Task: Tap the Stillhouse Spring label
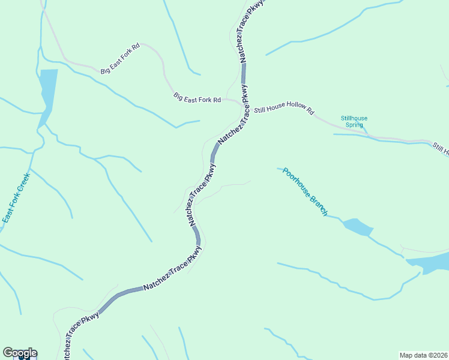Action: [x=354, y=122]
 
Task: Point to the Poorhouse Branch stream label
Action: [x=306, y=191]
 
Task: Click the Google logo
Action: [x=20, y=353]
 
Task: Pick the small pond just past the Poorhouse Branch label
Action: [x=358, y=227]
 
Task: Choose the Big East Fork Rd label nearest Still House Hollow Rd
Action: [x=197, y=97]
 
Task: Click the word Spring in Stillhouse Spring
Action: [x=355, y=125]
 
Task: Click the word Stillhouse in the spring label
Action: [x=354, y=118]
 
